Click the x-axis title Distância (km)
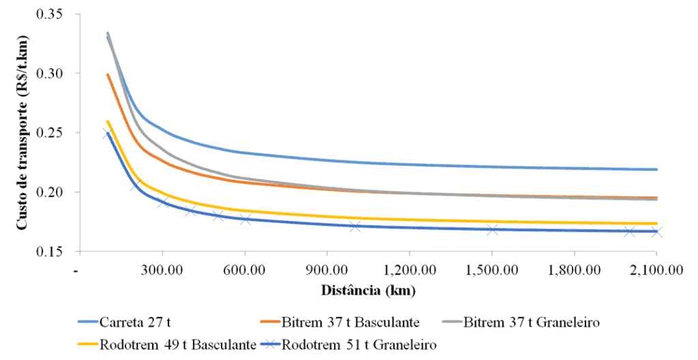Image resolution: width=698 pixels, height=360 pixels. click(x=368, y=290)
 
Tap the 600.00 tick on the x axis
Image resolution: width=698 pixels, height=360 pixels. click(x=245, y=269)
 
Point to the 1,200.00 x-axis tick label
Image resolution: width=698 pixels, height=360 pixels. click(x=409, y=269)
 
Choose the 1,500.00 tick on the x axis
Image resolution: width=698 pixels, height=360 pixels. click(x=491, y=269)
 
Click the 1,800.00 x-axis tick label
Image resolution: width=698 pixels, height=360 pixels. click(x=574, y=269)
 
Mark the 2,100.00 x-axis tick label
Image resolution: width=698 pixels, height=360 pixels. click(x=655, y=269)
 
